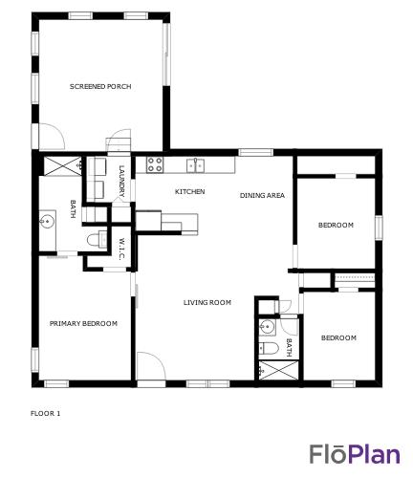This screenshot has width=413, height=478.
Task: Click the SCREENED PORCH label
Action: (100, 86)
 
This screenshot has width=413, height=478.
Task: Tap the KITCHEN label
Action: (189, 191)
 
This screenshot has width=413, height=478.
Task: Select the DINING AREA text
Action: (262, 195)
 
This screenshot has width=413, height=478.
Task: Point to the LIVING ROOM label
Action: (207, 302)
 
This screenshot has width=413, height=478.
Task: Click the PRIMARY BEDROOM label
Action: (83, 323)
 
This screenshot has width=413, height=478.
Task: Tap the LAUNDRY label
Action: (121, 181)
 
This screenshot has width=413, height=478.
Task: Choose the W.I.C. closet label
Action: (121, 249)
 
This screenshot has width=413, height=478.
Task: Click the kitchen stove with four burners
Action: (155, 164)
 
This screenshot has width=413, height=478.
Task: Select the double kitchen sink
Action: (196, 165)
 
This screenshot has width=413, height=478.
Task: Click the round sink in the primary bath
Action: (47, 221)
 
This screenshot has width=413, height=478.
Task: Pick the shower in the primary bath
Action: (63, 165)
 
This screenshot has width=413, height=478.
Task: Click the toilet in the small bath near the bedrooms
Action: (269, 348)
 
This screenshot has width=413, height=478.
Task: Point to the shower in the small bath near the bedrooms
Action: (279, 371)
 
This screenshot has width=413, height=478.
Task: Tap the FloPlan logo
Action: (355, 454)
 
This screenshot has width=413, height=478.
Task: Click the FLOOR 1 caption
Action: (45, 414)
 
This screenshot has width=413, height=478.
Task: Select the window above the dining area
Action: (256, 152)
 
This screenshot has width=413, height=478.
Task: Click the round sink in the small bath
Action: (266, 327)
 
